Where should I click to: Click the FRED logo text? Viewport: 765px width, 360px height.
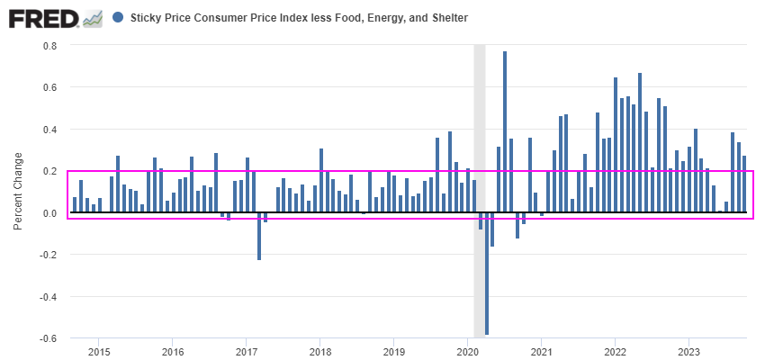click(43, 17)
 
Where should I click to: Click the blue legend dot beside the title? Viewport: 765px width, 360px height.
click(119, 17)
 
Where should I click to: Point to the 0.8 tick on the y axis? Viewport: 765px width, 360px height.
click(49, 46)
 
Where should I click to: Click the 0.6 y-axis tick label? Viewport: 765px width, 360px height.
click(49, 87)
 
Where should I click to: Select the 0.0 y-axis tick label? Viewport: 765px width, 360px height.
click(49, 213)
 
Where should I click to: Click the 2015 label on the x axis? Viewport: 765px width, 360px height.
click(99, 351)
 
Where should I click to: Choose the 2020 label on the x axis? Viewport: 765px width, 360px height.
click(467, 351)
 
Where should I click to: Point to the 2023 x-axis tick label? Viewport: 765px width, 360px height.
click(688, 351)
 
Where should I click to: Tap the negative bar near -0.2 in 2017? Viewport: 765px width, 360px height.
click(259, 236)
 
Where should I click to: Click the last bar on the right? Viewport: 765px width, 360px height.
click(744, 184)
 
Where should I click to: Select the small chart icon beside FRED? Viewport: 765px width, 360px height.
click(92, 18)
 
